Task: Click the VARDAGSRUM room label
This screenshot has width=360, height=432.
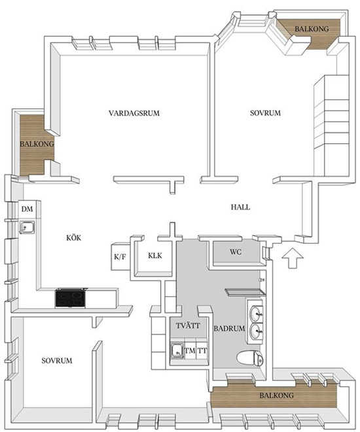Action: [x=134, y=113]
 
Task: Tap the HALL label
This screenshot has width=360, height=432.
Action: [x=240, y=207]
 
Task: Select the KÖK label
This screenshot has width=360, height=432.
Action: [x=74, y=238]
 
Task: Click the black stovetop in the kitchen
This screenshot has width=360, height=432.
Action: [x=70, y=298]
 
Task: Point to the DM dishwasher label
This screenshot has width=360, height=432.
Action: [x=27, y=209]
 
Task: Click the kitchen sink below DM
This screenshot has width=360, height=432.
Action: [x=27, y=227]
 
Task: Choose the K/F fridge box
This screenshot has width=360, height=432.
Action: [x=120, y=257]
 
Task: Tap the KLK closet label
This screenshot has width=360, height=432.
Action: [x=155, y=255]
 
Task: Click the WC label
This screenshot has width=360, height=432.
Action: [x=236, y=251]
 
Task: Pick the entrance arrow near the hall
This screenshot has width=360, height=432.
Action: [x=293, y=258]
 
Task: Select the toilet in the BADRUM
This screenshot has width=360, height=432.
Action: [x=250, y=359]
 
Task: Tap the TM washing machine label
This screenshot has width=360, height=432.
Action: [x=190, y=351]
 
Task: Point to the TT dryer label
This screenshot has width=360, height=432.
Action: [x=202, y=351]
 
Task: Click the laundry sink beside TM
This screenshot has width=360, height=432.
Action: [x=177, y=351]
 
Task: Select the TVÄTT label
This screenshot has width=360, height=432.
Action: [x=188, y=325]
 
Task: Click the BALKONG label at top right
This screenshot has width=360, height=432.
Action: [x=312, y=29]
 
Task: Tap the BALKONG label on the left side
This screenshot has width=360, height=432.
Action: [x=37, y=143]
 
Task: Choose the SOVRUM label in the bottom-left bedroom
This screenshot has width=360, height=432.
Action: [x=57, y=361]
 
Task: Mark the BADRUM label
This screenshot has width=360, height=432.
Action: [x=229, y=329]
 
